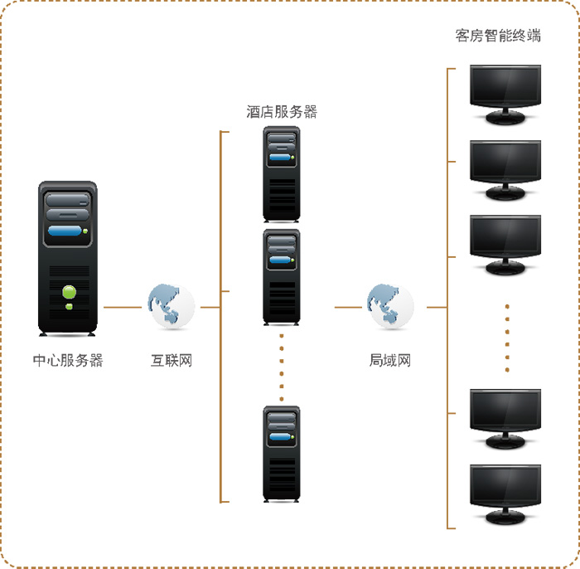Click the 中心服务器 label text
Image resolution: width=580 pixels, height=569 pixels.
pyautogui.click(x=68, y=361)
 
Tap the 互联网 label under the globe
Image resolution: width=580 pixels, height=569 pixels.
pyautogui.click(x=172, y=361)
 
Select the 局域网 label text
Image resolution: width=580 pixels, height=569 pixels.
pyautogui.click(x=390, y=361)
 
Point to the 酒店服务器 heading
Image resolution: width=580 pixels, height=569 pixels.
pyautogui.click(x=282, y=112)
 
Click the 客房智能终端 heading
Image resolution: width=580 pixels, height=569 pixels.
pyautogui.click(x=499, y=36)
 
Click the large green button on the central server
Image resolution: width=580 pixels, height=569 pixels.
pyautogui.click(x=70, y=291)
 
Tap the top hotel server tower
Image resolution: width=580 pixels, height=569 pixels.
pyautogui.click(x=281, y=174)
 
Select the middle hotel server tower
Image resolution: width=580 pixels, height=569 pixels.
pyautogui.click(x=281, y=277)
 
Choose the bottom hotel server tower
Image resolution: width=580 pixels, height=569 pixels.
pyautogui.click(x=281, y=453)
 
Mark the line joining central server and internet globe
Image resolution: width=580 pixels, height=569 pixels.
pyautogui.click(x=123, y=307)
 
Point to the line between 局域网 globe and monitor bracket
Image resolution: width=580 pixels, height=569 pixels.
pyautogui.click(x=437, y=307)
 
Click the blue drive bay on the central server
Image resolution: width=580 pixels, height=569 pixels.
pyautogui.click(x=67, y=232)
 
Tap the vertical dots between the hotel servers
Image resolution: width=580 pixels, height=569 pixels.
pyautogui.click(x=281, y=365)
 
